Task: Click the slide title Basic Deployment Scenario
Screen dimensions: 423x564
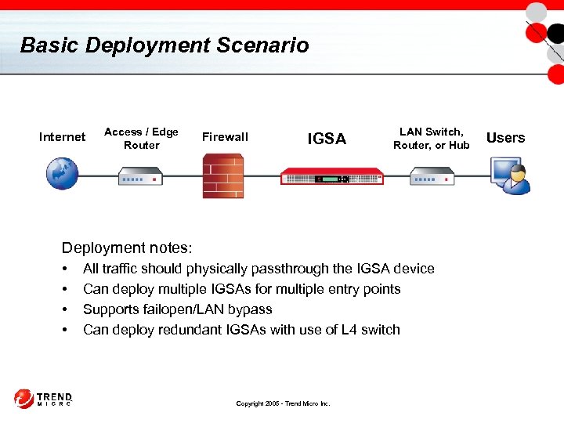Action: pyautogui.click(x=164, y=45)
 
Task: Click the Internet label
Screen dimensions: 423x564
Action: pyautogui.click(x=62, y=137)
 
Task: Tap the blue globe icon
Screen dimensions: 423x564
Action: pyautogui.click(x=62, y=173)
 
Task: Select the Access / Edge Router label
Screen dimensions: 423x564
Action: pyautogui.click(x=141, y=139)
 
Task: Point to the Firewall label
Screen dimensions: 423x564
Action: pyautogui.click(x=225, y=137)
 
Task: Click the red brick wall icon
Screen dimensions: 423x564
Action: pyautogui.click(x=223, y=175)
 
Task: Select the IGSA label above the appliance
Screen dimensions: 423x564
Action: pyautogui.click(x=327, y=139)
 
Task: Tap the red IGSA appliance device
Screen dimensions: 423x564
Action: pyautogui.click(x=332, y=175)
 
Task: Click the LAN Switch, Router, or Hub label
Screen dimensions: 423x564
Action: pyautogui.click(x=432, y=139)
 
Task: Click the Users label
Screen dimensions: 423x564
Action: pyautogui.click(x=505, y=138)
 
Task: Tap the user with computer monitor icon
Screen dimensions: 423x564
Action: pyautogui.click(x=510, y=175)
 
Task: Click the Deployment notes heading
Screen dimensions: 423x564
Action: pyautogui.click(x=126, y=248)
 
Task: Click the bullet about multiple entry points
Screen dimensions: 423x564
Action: pyautogui.click(x=241, y=289)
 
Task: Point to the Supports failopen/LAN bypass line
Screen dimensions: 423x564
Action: pyautogui.click(x=177, y=309)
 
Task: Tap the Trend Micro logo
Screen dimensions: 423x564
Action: pyautogui.click(x=43, y=399)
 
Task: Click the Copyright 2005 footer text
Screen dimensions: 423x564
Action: pyautogui.click(x=283, y=403)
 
